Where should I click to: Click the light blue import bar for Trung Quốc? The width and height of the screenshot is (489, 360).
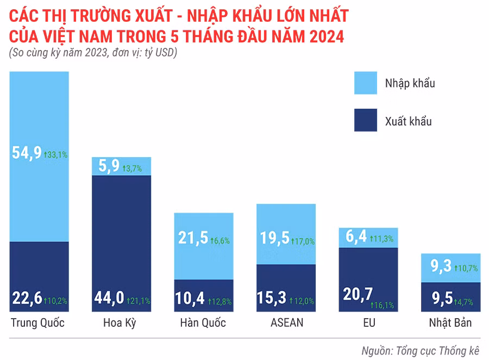pos(39,109)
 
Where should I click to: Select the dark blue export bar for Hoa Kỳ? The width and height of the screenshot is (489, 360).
pos(121,228)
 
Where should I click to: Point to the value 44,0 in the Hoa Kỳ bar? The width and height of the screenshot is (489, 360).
pos(109,299)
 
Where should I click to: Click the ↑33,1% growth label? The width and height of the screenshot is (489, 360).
pos(56,155)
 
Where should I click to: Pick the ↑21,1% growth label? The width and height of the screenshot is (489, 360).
pos(139,301)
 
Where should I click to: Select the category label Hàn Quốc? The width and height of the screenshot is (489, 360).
pos(203,323)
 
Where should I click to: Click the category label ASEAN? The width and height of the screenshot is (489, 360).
pos(287,323)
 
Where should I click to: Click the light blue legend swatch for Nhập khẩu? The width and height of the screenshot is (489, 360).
pos(369,83)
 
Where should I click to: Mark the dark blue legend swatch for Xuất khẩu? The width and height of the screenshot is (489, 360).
pos(369,120)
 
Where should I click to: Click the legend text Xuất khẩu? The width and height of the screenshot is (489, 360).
pos(408,121)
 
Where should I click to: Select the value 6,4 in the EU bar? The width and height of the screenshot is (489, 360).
pos(355,237)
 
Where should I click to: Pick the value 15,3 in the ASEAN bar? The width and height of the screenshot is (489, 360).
pos(273,299)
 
